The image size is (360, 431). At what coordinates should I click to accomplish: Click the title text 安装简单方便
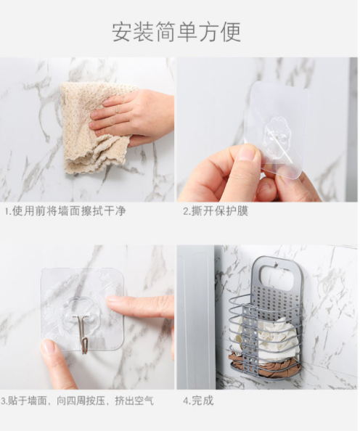pos(176,32)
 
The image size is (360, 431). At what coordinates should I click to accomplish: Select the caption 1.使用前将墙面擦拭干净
pos(65,211)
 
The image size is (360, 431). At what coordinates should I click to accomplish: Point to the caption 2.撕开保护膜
pos(216,211)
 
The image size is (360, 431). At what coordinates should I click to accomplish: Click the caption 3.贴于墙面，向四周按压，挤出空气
pos(77,401)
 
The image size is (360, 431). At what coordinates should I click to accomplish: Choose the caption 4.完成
pos(198,401)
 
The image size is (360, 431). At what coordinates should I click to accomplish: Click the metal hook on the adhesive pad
pos(83,333)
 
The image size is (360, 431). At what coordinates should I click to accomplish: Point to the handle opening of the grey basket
pos(277,276)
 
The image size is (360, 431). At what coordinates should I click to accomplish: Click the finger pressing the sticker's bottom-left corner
pos(57,364)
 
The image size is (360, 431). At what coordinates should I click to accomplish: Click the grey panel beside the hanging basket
pos(196,317)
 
